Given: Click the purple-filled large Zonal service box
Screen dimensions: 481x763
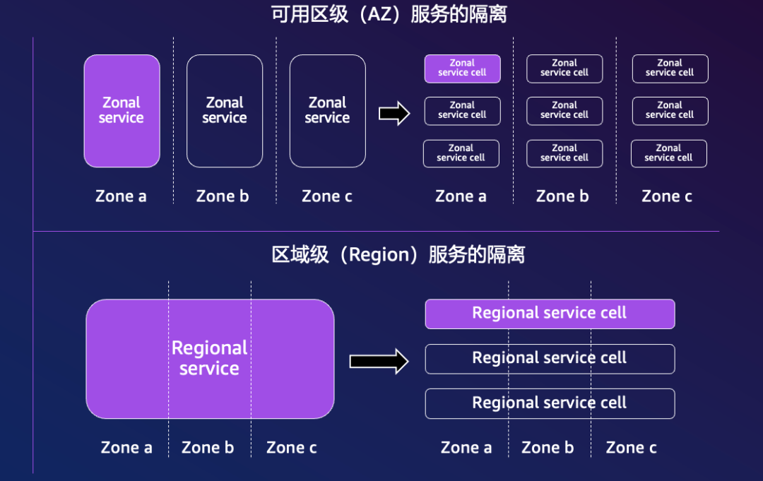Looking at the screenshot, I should pos(122,111).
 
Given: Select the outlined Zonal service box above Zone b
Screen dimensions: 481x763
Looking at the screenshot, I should pos(225,111).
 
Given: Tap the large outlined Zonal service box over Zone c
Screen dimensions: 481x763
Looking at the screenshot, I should pos(328,111).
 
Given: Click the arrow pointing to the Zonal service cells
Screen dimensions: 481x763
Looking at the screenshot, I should pos(394,113).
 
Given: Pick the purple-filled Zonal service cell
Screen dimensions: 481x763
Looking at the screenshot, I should pos(462,69).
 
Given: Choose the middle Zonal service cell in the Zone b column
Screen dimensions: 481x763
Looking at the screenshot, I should pos(564,111).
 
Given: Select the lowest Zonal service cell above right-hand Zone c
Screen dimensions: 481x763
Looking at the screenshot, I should pos(668,153).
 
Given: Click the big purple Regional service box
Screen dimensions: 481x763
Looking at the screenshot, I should pos(210,359).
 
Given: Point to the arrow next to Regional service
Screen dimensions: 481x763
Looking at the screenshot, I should pos(379,362).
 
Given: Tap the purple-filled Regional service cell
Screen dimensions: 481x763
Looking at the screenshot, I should pos(550,314).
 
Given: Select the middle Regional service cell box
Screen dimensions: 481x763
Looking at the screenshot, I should pos(550,359).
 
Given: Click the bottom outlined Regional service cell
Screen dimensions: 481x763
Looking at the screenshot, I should pos(550,403).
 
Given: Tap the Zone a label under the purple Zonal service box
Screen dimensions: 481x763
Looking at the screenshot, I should pos(121,196).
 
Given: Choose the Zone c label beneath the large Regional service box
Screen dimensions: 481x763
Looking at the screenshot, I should pos(292,448).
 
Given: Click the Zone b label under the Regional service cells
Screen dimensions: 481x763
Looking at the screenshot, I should pos(548,448).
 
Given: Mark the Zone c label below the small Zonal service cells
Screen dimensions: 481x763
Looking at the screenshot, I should pos(667,196).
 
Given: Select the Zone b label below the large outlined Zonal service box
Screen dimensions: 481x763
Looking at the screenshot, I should pos(223,196).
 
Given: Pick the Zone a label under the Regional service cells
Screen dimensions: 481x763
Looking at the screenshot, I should pos(466,448).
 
